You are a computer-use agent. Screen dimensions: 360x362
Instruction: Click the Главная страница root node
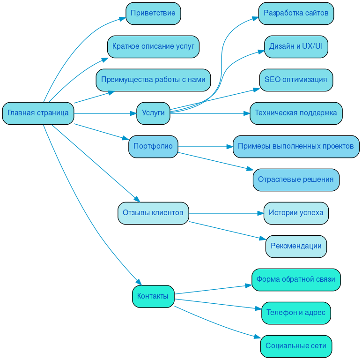pyautogui.click(x=38, y=113)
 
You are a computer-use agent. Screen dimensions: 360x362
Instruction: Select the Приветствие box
pyautogui.click(x=153, y=13)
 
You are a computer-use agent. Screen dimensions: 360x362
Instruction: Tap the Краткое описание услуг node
pyautogui.click(x=153, y=46)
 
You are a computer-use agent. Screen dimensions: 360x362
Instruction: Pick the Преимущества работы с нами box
pyautogui.click(x=153, y=80)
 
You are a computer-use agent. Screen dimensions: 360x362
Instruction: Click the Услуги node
pyautogui.click(x=153, y=113)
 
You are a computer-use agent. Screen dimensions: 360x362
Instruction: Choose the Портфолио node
pyautogui.click(x=153, y=146)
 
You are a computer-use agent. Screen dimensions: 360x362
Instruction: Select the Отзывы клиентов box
pyautogui.click(x=153, y=213)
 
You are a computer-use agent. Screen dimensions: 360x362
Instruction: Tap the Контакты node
pyautogui.click(x=153, y=296)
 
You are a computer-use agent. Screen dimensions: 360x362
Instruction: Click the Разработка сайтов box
pyautogui.click(x=296, y=13)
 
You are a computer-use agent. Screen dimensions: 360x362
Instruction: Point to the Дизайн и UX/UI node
pyautogui.click(x=296, y=46)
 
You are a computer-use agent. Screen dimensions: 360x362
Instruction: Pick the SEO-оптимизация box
pyautogui.click(x=296, y=80)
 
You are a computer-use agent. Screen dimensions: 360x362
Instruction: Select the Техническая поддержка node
pyautogui.click(x=296, y=113)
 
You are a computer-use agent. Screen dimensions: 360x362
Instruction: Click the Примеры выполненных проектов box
pyautogui.click(x=296, y=146)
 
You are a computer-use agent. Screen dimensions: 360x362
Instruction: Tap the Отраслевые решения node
pyautogui.click(x=296, y=180)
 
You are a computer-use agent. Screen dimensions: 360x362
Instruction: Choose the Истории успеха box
pyautogui.click(x=296, y=213)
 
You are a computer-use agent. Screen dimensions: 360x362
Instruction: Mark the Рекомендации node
pyautogui.click(x=296, y=246)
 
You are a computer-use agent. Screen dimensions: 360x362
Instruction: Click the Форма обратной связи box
pyautogui.click(x=296, y=279)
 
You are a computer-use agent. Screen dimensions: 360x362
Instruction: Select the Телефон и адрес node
pyautogui.click(x=296, y=313)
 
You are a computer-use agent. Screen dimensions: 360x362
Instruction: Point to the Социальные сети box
pyautogui.click(x=296, y=346)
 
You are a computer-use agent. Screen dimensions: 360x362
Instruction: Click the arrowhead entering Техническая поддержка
pyautogui.click(x=246, y=113)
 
